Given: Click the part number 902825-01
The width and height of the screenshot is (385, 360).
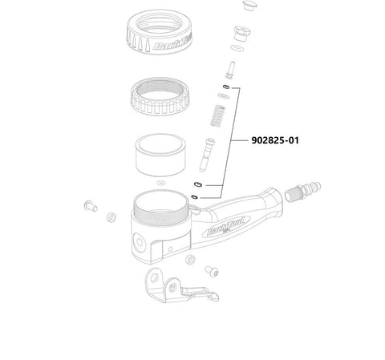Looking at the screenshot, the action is [x=275, y=140].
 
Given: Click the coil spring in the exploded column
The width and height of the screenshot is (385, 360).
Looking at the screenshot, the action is [x=218, y=115].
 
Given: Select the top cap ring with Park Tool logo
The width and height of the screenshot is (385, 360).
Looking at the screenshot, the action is [x=160, y=31].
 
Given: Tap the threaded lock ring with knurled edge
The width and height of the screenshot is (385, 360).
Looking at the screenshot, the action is [x=160, y=96].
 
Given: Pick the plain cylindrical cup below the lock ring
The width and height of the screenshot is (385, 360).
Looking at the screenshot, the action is [x=160, y=155].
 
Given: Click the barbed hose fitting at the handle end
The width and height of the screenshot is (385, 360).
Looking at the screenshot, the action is [x=302, y=192].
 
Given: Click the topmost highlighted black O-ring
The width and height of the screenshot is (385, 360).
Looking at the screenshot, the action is [x=226, y=87].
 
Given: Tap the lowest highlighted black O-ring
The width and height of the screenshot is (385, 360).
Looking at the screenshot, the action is [x=195, y=197].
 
